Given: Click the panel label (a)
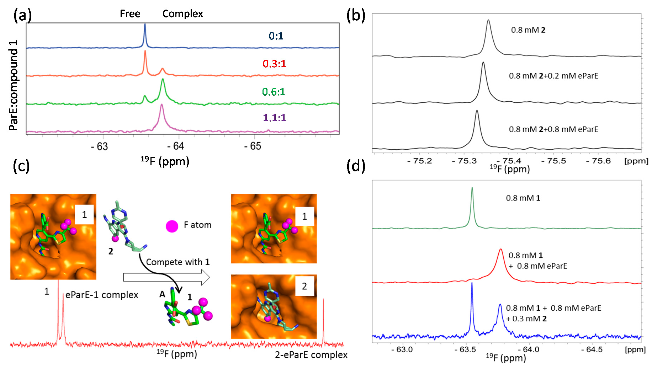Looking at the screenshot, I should (x=22, y=16).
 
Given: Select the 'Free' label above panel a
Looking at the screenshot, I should (x=130, y=14).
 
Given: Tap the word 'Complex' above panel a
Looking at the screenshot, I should (x=182, y=14).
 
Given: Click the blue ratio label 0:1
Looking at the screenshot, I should (x=276, y=36).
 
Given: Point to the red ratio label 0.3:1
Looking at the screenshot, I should (x=274, y=64).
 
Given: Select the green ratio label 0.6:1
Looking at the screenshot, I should (x=274, y=92).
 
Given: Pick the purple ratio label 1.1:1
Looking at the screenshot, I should (x=274, y=118).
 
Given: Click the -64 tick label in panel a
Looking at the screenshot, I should (x=176, y=146).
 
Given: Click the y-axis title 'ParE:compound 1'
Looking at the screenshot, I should (x=14, y=85).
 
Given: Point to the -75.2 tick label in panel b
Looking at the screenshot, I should (x=420, y=161).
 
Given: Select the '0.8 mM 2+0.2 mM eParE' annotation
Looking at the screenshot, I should (x=553, y=76).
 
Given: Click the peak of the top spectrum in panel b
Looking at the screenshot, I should (x=488, y=21).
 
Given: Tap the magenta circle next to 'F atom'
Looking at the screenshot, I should (x=172, y=226).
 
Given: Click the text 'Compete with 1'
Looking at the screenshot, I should (x=177, y=262).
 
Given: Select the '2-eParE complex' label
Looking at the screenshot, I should (x=311, y=355).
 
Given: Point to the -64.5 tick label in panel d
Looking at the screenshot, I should (x=592, y=349).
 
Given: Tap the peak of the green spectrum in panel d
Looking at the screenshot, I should (x=472, y=188).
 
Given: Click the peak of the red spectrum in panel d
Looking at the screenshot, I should (x=500, y=250).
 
